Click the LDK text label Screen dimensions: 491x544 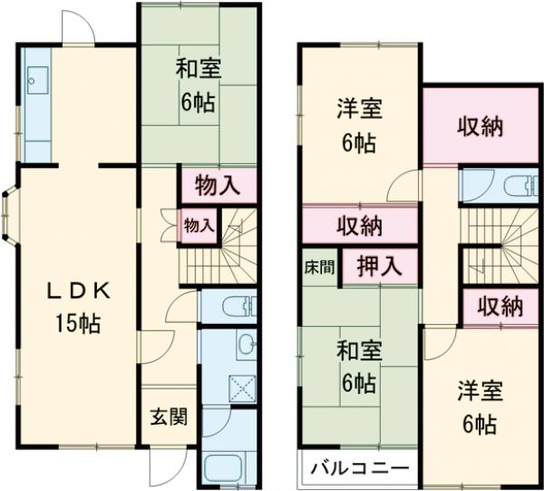[x=79, y=291]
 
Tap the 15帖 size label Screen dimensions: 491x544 [x=79, y=322]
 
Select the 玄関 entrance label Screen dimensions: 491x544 [x=168, y=417]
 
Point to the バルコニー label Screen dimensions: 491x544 [x=355, y=468]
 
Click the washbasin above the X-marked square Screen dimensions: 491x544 [x=247, y=343]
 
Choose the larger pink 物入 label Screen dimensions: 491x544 [x=218, y=187]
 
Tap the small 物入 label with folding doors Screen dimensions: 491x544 [x=199, y=224]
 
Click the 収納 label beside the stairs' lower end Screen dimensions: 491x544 [x=500, y=306]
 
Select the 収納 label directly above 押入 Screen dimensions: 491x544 [x=359, y=225]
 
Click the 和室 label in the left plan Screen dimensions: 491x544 [x=197, y=71]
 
